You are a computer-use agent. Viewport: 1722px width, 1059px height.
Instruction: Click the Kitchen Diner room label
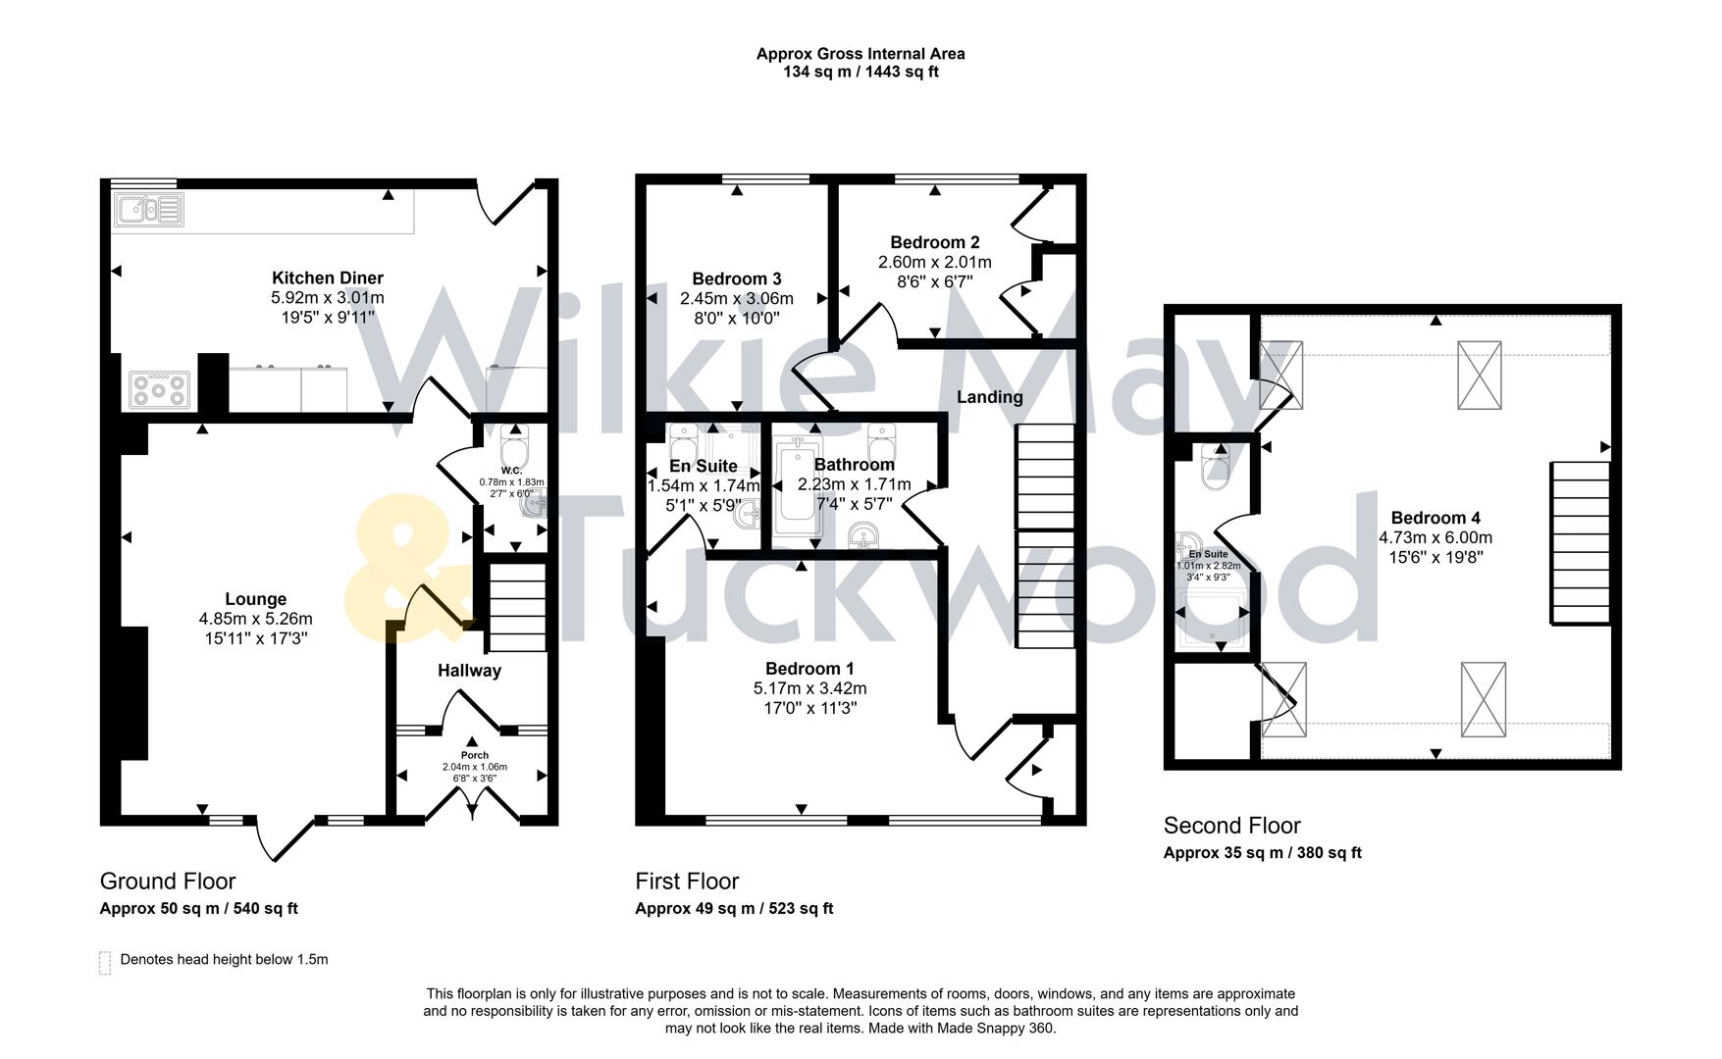327,278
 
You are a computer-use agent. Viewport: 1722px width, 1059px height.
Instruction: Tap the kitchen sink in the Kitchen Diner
148,210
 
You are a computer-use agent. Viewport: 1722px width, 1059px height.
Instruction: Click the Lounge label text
255,599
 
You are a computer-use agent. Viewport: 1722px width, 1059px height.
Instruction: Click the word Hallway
469,671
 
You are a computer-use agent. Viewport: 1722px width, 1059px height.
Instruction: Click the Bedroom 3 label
736,279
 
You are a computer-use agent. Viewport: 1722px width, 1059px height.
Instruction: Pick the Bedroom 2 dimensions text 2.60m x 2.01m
934,263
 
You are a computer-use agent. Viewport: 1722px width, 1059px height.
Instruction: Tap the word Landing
989,397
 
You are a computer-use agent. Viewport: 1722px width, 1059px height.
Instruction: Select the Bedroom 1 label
803,670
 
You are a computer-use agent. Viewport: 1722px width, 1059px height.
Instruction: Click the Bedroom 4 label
1435,518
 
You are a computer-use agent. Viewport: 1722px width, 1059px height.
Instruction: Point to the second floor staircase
1580,542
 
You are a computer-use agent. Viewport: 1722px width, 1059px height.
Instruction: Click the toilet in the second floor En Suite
1215,468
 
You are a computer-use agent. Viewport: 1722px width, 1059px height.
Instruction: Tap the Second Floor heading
1231,826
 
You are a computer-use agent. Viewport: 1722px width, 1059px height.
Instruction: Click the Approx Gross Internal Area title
860,54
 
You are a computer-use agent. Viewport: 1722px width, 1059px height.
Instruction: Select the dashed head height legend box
105,962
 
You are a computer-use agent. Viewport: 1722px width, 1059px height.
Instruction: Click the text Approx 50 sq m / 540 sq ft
198,909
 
